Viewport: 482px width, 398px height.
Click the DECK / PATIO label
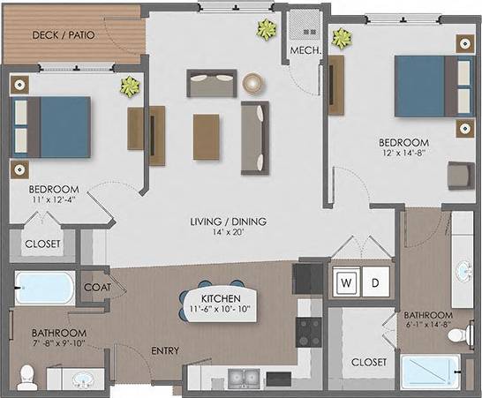click(64, 36)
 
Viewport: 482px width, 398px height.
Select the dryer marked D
click(373, 282)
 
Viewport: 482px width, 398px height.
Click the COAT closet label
click(96, 287)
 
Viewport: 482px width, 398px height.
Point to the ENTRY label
click(165, 351)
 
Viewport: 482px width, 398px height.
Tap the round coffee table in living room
click(254, 82)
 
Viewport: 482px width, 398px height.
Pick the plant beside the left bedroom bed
click(131, 86)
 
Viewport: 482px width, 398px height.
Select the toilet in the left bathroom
click(26, 376)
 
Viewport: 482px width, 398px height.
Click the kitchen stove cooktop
click(309, 333)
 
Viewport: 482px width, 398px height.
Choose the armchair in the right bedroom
click(460, 176)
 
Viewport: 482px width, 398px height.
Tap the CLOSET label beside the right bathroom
click(368, 363)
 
